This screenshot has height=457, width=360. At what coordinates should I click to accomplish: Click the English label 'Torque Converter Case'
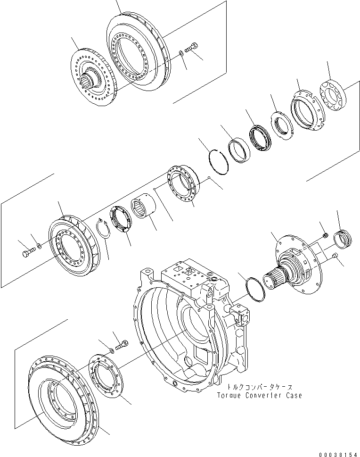(259, 395)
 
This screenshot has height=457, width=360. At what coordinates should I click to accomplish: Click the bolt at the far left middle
(27, 253)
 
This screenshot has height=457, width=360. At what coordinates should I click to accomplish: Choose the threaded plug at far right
(342, 236)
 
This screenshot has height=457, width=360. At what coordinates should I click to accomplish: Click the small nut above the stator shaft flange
(325, 234)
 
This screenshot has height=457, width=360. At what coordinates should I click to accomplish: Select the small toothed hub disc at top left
(93, 79)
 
